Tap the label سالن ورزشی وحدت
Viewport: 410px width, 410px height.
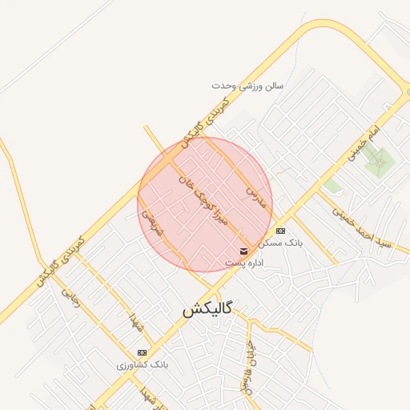247,85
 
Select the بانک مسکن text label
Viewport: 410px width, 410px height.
281,243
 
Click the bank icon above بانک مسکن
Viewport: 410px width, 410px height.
279,231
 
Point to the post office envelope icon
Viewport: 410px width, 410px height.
243,251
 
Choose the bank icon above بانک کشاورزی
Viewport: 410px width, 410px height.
143,352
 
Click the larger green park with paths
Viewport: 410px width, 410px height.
380,163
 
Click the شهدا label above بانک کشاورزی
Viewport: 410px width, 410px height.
136,325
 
